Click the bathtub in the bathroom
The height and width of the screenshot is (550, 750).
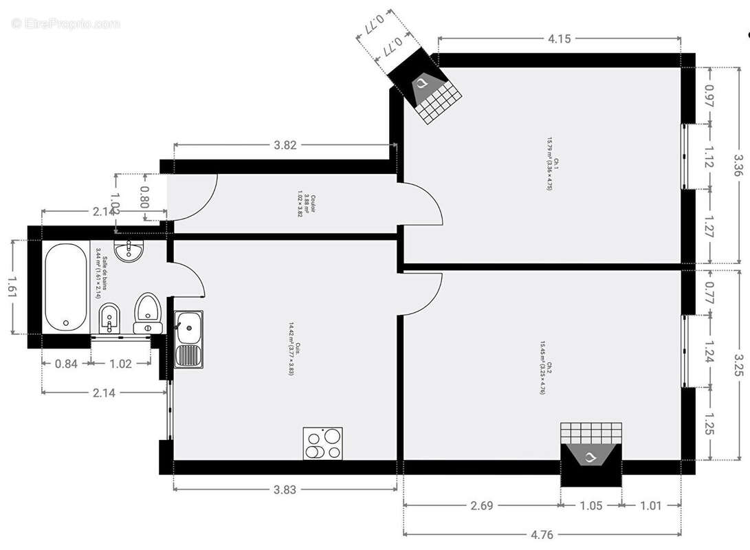point(67,287)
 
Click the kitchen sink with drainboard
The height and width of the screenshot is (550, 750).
point(188,339)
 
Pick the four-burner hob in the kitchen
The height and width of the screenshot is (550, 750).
point(323,443)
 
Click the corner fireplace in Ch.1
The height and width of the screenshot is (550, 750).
point(427,93)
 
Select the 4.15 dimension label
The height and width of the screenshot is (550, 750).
point(559,39)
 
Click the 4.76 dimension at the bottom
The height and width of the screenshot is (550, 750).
point(542,534)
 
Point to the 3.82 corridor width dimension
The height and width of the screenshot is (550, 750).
point(285,145)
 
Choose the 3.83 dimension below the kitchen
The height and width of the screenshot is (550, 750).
point(285,489)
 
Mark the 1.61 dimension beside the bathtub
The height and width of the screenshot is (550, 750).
point(12,287)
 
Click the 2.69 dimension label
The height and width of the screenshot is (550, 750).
point(481,506)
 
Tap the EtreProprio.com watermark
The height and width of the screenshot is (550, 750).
point(65,24)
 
